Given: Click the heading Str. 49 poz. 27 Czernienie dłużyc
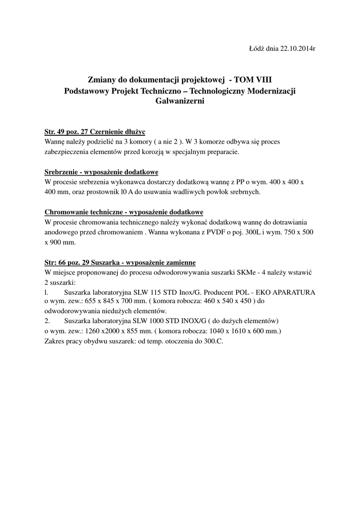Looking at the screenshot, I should pyautogui.click(x=94, y=132).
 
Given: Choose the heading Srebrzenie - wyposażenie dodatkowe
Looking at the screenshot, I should pyautogui.click(x=101, y=172).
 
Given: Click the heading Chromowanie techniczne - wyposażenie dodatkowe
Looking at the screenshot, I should pyautogui.click(x=124, y=212).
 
